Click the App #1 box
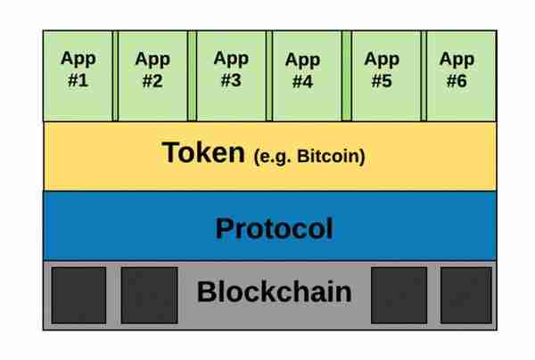click(78, 76)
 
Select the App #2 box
click(152, 76)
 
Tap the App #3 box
click(231, 76)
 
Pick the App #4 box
click(307, 76)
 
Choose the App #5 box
click(386, 76)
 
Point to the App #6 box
click(461, 76)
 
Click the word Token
click(203, 152)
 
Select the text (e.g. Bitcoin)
click(309, 157)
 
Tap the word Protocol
click(274, 229)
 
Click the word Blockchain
click(274, 291)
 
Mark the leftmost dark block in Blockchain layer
click(78, 295)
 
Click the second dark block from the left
click(150, 295)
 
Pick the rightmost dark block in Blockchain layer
click(466, 295)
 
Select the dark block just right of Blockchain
click(399, 295)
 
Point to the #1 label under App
click(78, 81)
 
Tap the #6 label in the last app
click(457, 81)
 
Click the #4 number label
click(302, 82)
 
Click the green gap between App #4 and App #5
click(347, 76)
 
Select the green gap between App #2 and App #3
click(192, 76)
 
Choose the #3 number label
click(231, 80)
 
